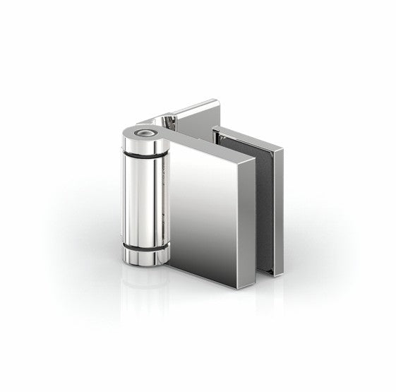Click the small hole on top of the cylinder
[145, 131]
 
